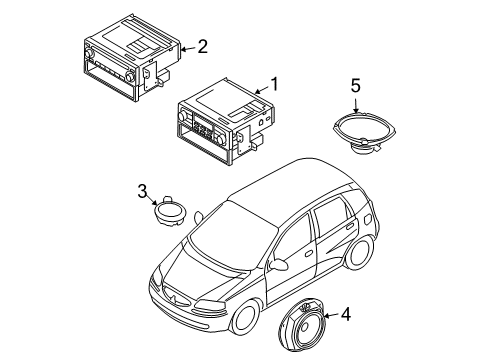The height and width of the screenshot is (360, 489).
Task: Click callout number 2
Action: coord(202,45)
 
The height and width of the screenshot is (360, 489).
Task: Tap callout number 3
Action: coord(143,190)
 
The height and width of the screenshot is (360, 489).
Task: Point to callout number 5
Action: coord(355,86)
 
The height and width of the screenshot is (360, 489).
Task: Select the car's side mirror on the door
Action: coord(283,266)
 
